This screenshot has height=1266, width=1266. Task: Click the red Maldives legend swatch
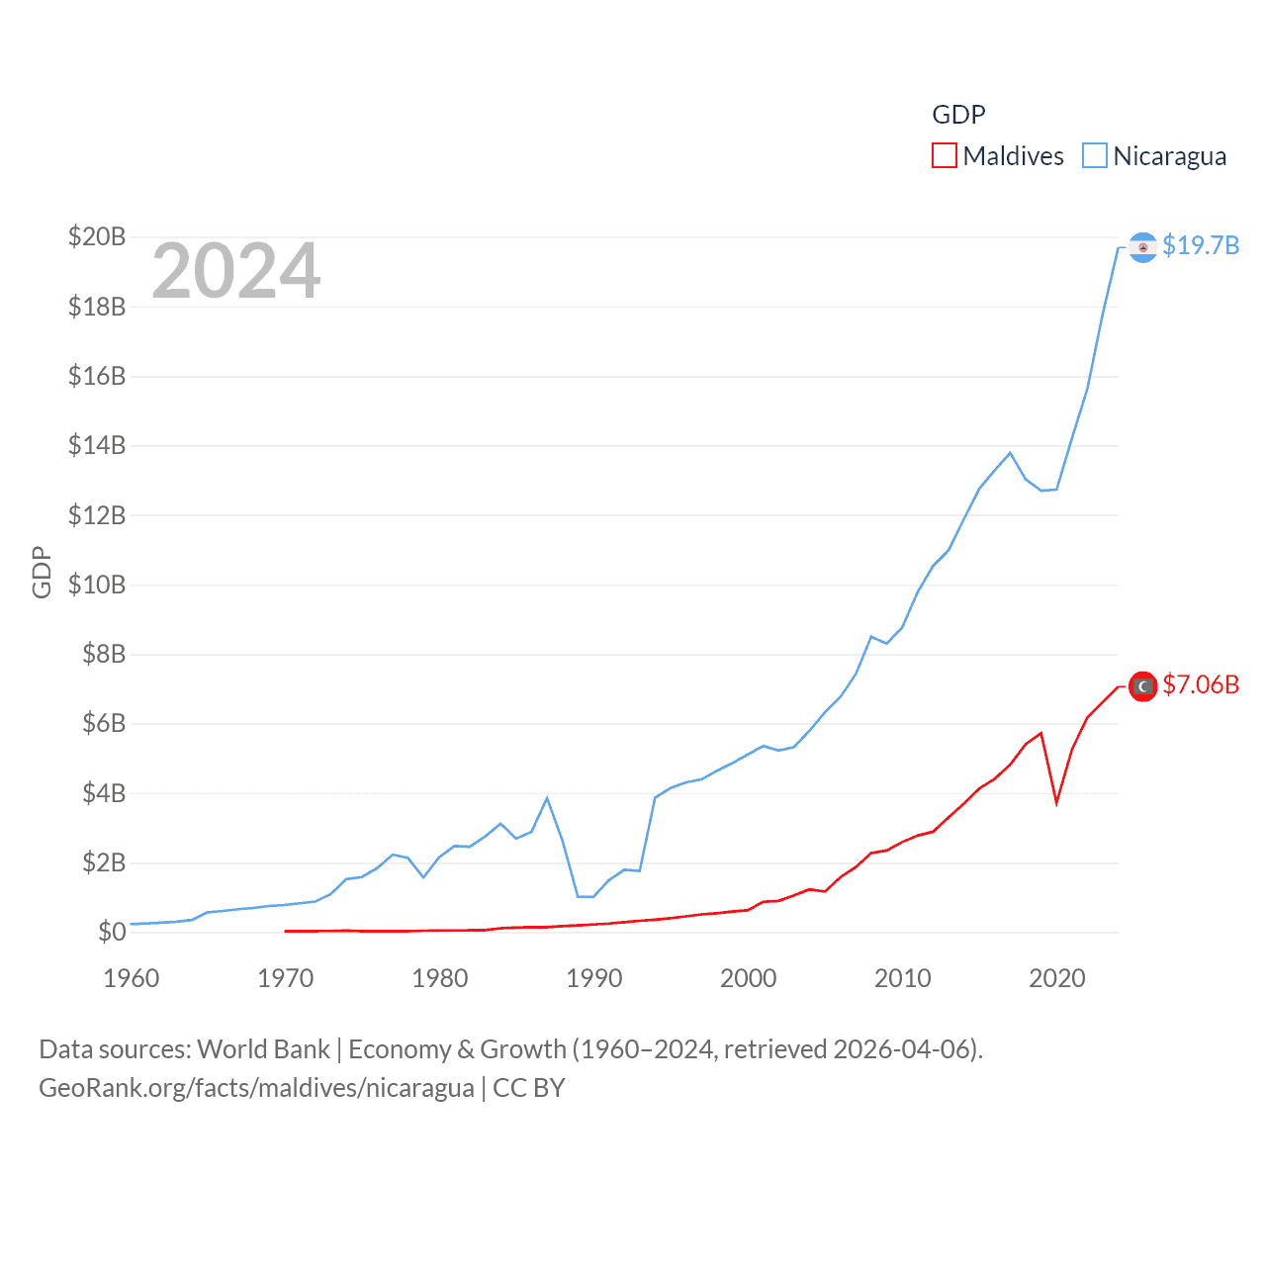pyautogui.click(x=945, y=156)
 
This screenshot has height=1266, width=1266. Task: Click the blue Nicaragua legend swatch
pyautogui.click(x=1095, y=156)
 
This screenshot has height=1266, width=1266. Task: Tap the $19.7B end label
pyautogui.click(x=1201, y=245)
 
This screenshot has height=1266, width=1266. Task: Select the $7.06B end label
pyautogui.click(x=1201, y=684)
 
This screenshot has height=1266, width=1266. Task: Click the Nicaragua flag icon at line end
pyautogui.click(x=1142, y=247)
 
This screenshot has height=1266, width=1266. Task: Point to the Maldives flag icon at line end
pyautogui.click(x=1142, y=686)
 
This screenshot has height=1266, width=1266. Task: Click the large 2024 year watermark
pyautogui.click(x=235, y=271)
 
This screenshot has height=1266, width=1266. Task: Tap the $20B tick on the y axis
pyautogui.click(x=97, y=236)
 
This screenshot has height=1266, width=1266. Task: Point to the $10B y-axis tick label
pyautogui.click(x=97, y=585)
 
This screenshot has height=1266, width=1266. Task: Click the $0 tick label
pyautogui.click(x=112, y=932)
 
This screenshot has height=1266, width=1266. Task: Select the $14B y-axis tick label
pyautogui.click(x=97, y=445)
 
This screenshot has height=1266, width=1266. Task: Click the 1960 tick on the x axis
pyautogui.click(x=132, y=978)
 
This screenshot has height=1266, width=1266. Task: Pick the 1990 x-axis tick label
pyautogui.click(x=594, y=978)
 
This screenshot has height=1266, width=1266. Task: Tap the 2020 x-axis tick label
pyautogui.click(x=1057, y=978)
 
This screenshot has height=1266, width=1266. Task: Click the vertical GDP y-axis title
pyautogui.click(x=42, y=572)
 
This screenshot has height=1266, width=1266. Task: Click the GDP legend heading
pyautogui.click(x=958, y=115)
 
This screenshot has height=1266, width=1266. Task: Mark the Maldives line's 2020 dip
pyautogui.click(x=1056, y=802)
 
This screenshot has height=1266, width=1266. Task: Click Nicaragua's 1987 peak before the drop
pyautogui.click(x=547, y=798)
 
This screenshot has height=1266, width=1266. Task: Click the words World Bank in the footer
pyautogui.click(x=264, y=1048)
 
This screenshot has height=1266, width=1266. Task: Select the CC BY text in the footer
pyautogui.click(x=529, y=1088)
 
